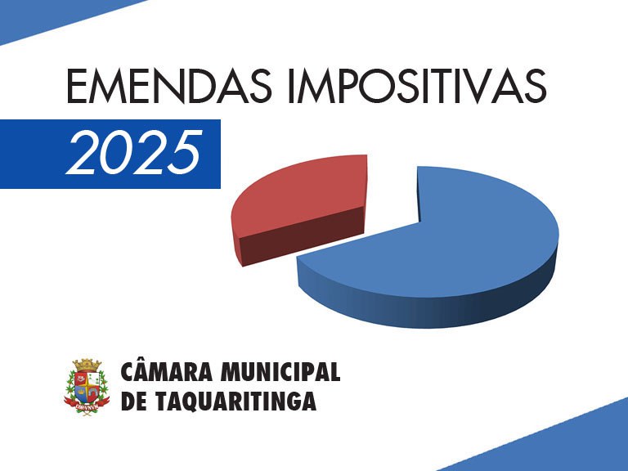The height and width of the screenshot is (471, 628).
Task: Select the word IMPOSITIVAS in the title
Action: [417, 86]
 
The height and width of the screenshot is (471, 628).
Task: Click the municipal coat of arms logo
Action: [87, 387]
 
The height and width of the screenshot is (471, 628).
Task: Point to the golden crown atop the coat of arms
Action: [87, 365]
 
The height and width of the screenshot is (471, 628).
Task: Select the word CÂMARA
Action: [167, 372]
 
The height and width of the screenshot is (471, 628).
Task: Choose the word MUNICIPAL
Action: [280, 372]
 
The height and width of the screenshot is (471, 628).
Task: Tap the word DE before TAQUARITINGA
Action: [134, 401]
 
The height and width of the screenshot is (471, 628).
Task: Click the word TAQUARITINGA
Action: [235, 401]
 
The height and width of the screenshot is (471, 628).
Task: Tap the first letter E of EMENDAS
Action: [76, 87]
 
